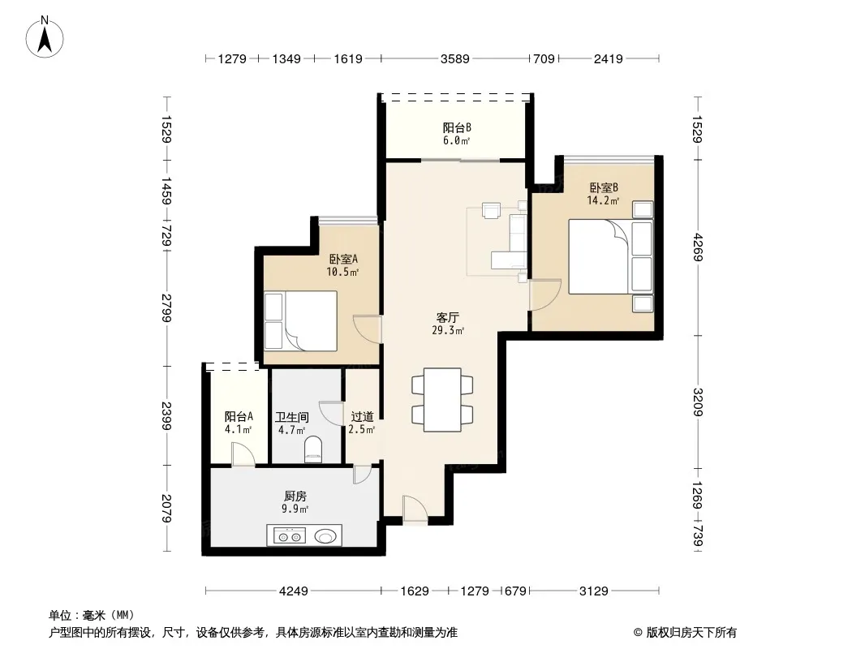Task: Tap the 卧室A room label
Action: click(x=343, y=259)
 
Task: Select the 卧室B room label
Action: click(x=604, y=187)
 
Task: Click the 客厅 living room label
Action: click(x=447, y=318)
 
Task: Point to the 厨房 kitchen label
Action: click(x=295, y=496)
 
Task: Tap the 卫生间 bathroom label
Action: click(x=291, y=418)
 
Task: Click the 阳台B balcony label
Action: click(x=457, y=128)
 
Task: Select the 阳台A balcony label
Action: click(x=239, y=417)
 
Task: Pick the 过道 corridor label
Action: click(x=362, y=417)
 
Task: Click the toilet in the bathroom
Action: click(x=312, y=449)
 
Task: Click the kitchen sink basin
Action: click(x=325, y=536)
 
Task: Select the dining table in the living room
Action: click(x=442, y=400)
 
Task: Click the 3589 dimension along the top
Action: click(x=455, y=58)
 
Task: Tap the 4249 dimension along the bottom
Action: click(x=294, y=591)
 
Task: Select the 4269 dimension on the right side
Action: click(x=698, y=247)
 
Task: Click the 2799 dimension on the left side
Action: click(x=166, y=308)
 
